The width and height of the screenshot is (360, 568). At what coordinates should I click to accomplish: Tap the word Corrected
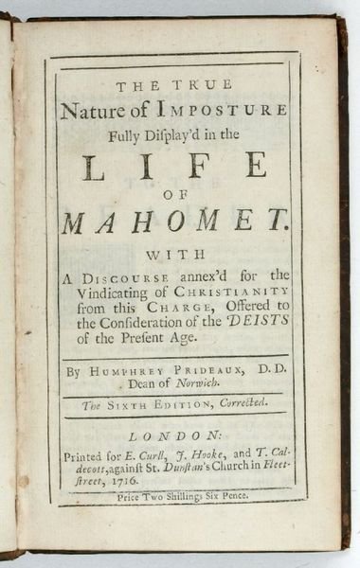click(235, 408)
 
